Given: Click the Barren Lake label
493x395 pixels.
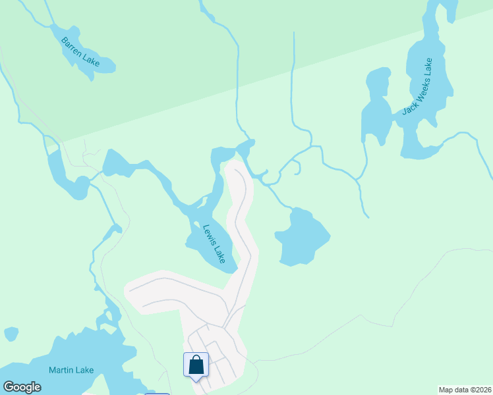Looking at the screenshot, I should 80,51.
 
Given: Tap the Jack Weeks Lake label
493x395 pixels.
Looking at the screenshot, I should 417,86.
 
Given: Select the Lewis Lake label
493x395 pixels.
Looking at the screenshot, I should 214,244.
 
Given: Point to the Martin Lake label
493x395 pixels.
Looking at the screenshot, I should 71,370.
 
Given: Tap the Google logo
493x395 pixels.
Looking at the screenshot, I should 22,387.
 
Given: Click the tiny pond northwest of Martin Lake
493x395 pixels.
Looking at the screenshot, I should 11,334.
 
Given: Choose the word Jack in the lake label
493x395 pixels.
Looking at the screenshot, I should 408,107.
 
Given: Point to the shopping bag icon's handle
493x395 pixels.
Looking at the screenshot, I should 196,359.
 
